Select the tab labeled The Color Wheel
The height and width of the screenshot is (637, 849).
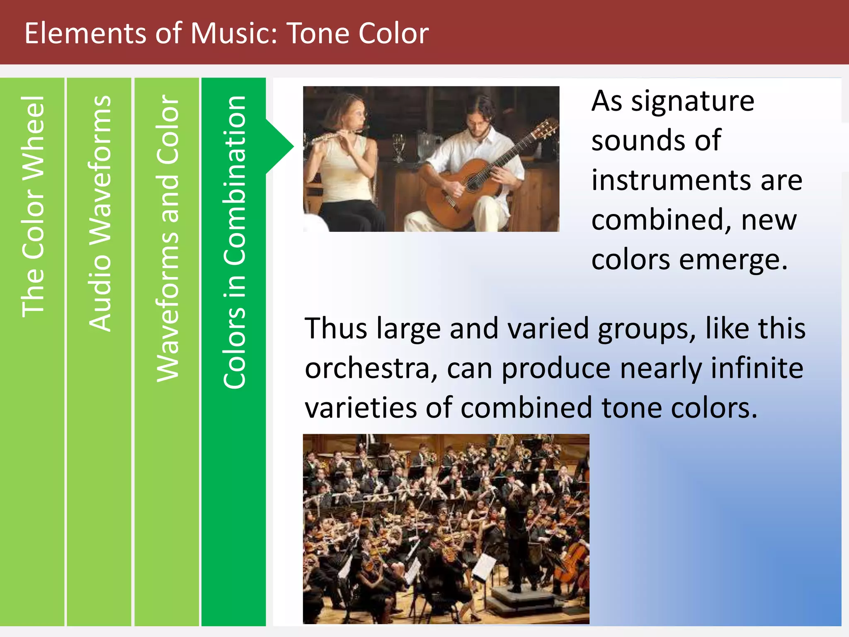tap(32, 207)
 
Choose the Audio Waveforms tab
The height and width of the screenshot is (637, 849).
tap(99, 214)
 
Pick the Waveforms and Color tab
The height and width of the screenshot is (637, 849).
tap(167, 238)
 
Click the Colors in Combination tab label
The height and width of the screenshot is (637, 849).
tap(234, 243)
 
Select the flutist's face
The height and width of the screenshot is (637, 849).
tap(357, 112)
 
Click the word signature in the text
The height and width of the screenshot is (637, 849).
tap(692, 102)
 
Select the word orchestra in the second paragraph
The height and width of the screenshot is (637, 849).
tap(367, 368)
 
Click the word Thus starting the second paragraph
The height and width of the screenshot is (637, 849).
tap(336, 328)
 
